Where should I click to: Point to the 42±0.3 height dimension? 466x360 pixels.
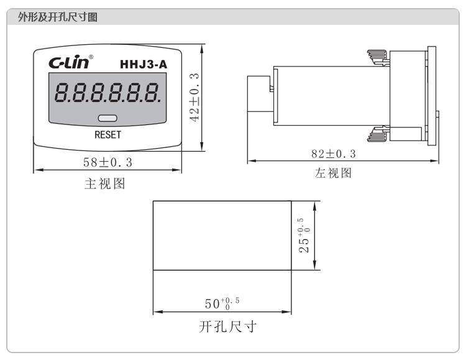[194, 96]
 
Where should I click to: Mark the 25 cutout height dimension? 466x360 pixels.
[303, 235]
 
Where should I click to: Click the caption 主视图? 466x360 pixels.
[106, 184]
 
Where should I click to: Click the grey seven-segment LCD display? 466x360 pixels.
[107, 98]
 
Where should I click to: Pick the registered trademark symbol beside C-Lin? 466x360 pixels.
[92, 57]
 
